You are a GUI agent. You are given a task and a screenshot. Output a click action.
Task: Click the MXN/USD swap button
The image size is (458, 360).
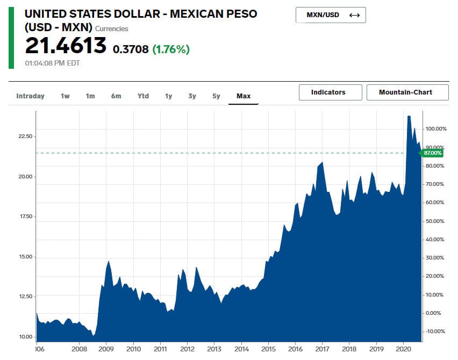pos(330,15)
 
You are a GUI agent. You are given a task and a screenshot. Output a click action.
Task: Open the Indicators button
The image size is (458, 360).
pos(328,92)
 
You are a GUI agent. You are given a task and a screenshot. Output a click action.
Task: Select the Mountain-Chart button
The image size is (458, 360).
pos(407,92)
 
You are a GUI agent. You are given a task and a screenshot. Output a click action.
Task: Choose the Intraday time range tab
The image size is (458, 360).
pos(30,96)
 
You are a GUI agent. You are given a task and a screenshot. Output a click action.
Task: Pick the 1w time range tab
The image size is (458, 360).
pos(65,96)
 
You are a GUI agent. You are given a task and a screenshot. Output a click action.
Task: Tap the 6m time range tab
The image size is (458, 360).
pos(116,96)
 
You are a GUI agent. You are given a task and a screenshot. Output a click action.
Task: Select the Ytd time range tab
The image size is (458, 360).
pos(143,96)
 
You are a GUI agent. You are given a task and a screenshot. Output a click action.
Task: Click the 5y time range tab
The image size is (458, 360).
pos(216,96)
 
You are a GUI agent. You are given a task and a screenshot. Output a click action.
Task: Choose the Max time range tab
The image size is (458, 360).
pos(244,96)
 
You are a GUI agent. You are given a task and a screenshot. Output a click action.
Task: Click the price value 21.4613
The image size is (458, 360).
pos(66,46)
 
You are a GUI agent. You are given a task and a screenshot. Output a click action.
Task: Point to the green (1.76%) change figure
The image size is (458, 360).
pos(171,49)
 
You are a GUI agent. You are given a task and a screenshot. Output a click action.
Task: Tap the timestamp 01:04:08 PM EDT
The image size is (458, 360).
pos(53,63)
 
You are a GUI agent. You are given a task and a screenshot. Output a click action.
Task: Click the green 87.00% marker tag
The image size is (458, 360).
pos(433,153)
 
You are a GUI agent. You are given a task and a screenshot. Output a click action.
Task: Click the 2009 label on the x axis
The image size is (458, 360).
pos(106,348)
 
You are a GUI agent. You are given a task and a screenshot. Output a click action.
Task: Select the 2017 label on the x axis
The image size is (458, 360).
pos(322,348)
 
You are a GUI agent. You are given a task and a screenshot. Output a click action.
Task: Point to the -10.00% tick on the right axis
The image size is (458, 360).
pos(435,331)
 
